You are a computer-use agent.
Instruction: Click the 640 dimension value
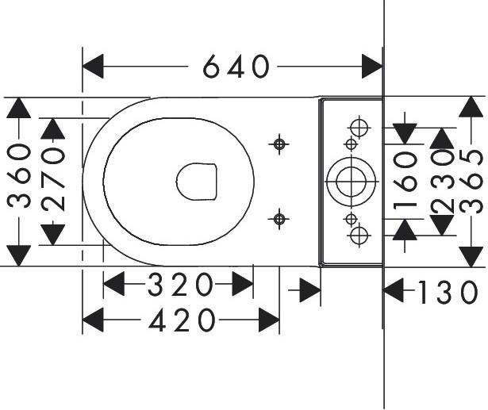pos(236,67)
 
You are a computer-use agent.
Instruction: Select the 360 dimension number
pos(19,176)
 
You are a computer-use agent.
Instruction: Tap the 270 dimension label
pos(53,179)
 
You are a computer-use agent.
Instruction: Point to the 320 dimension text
pos(180,284)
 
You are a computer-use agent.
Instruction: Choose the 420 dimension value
pos(182,320)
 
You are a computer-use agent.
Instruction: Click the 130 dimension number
pos(448,292)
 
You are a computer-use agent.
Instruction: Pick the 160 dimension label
pos(405,181)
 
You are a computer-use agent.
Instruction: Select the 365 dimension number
pos(471,182)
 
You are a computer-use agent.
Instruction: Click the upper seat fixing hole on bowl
pos(279,144)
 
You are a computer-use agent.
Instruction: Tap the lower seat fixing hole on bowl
pos(279,219)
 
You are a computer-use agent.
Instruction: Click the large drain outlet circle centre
pos(351,182)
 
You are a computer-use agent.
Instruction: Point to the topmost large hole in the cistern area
pos(359,128)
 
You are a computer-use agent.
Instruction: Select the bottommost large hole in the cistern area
pos(359,236)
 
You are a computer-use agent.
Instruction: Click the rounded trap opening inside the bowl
pos(196,182)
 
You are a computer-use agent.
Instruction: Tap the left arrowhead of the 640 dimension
pos(93,67)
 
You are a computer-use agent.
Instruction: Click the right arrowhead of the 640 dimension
pos(372,67)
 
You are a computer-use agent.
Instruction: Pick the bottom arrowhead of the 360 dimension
pos(19,255)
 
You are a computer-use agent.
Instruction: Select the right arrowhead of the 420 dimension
pos(269,320)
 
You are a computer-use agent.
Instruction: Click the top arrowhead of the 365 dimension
pos(471,107)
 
